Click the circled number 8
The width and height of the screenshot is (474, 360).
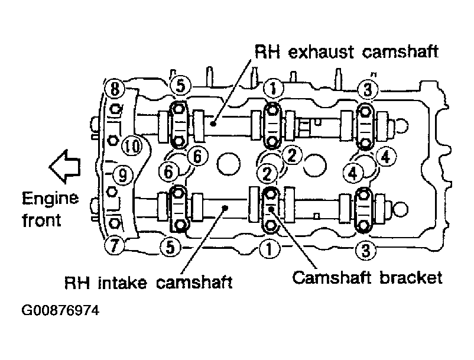115,89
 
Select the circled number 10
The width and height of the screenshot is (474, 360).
132,146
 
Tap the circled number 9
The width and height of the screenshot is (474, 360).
122,175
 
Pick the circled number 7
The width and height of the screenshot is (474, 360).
113,245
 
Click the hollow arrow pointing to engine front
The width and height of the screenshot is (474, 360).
64,167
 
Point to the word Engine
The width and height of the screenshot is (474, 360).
50,199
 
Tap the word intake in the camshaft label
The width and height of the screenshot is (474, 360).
122,283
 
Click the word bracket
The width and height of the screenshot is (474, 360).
411,277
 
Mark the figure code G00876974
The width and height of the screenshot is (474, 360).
60,310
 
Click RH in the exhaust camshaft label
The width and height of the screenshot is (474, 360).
267,51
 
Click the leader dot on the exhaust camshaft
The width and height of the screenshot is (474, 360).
213,123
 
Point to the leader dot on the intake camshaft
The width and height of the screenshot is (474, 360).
225,207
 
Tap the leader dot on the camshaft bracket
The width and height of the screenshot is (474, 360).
271,208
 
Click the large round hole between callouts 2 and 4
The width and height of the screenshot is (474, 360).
314,166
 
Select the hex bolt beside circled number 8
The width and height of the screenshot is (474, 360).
115,109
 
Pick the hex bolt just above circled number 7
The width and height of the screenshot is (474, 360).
114,223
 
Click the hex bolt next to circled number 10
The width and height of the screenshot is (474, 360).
113,140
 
